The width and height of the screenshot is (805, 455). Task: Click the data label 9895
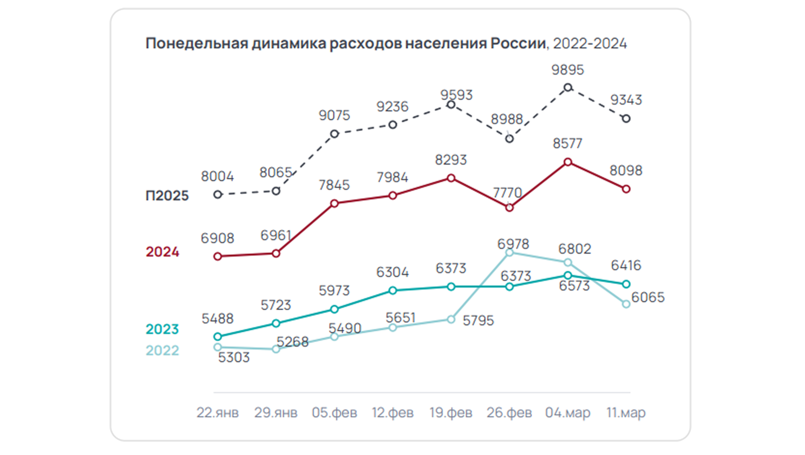click(567, 70)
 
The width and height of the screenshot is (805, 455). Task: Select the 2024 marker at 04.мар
click(568, 162)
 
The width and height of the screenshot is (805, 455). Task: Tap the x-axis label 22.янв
click(218, 413)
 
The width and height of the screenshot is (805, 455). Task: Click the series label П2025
click(167, 195)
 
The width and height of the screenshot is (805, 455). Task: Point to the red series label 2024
click(162, 252)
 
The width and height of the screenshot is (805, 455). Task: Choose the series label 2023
click(162, 329)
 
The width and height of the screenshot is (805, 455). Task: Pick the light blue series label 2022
click(162, 350)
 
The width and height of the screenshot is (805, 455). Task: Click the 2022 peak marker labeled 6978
click(509, 253)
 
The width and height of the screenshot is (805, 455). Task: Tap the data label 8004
click(217, 176)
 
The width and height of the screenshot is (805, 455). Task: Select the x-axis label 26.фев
click(509, 413)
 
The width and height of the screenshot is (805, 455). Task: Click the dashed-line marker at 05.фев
click(334, 134)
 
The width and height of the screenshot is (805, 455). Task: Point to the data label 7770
click(507, 192)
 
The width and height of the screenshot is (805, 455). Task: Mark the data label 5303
click(234, 357)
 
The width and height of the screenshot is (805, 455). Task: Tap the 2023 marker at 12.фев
click(392, 291)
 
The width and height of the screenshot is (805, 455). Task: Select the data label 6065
click(648, 297)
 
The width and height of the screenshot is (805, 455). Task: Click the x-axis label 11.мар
click(626, 413)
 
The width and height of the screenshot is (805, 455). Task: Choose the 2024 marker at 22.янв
click(218, 257)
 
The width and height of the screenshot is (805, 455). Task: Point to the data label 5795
click(478, 320)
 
